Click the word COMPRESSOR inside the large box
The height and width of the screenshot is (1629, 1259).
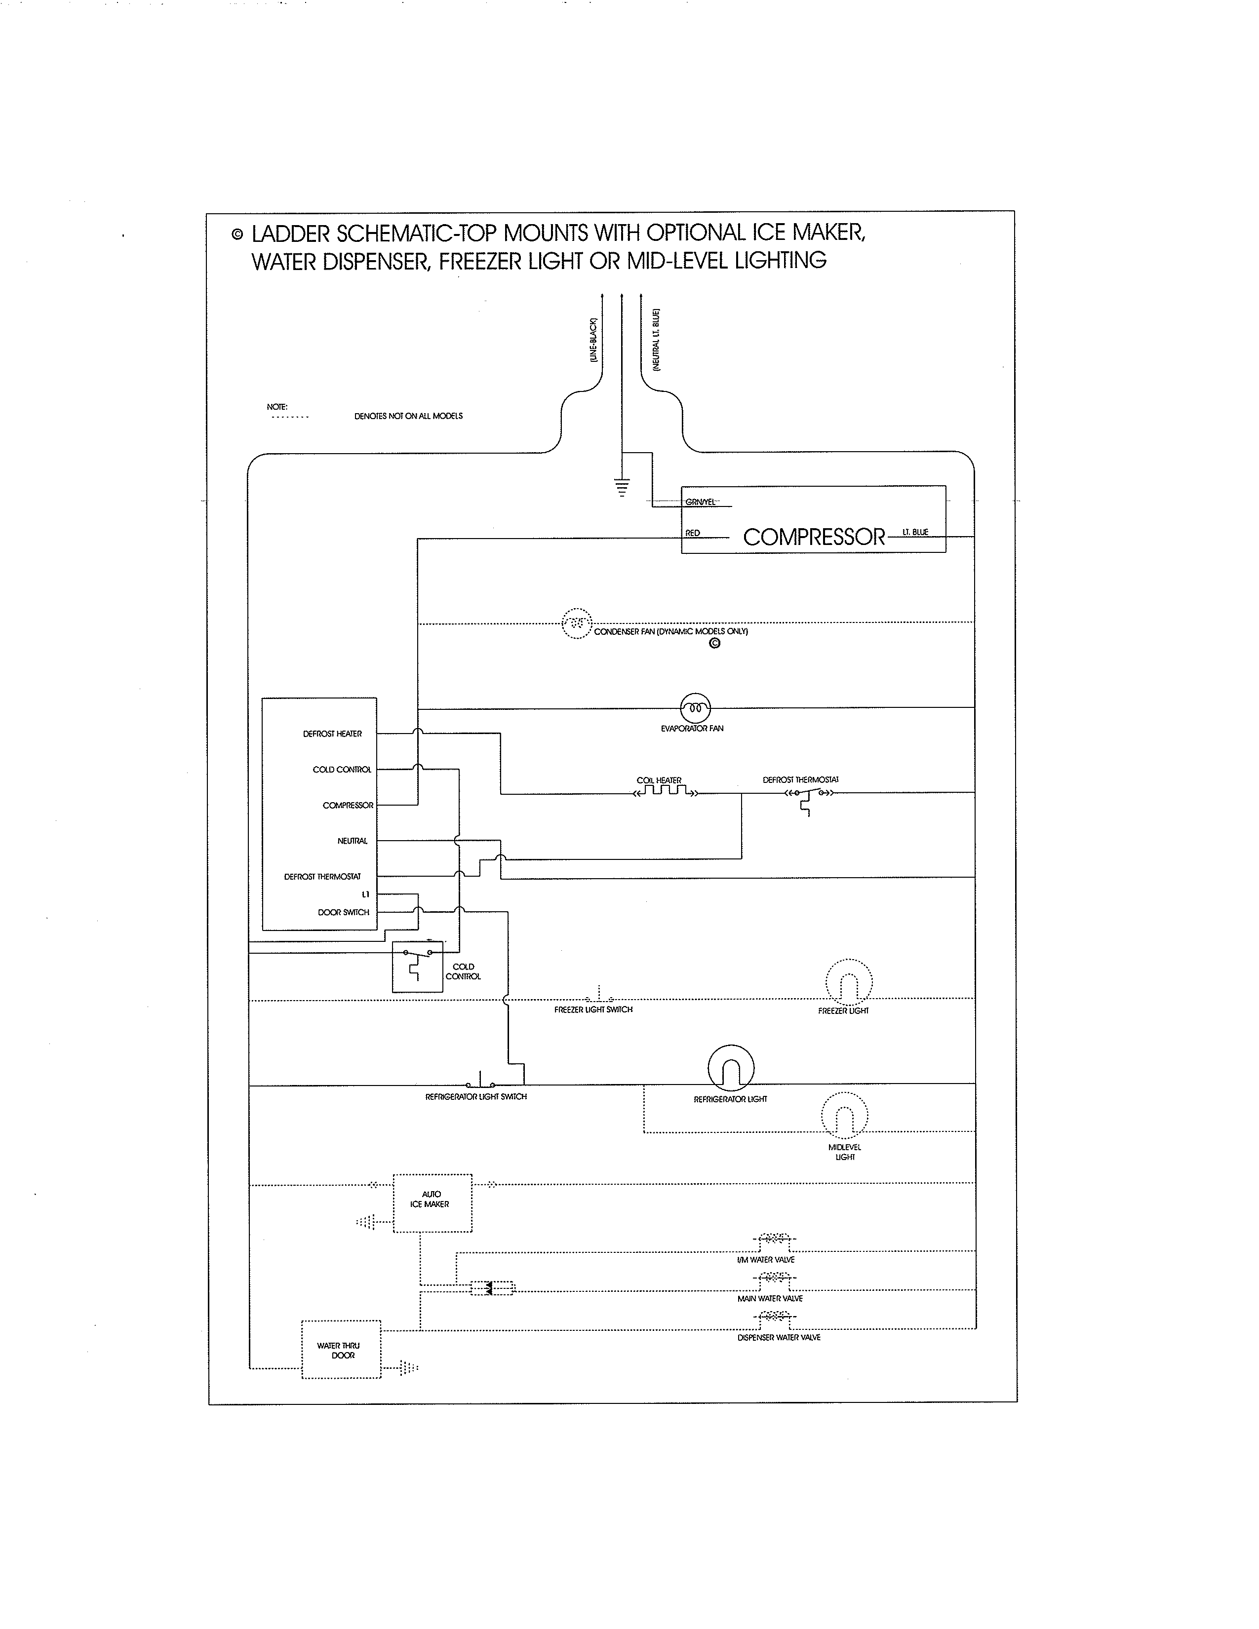pyautogui.click(x=814, y=537)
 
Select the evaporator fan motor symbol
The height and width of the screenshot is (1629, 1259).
pyautogui.click(x=695, y=706)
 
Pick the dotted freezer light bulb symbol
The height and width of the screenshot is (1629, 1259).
pyautogui.click(x=849, y=981)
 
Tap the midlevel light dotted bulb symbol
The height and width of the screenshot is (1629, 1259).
pyautogui.click(x=844, y=1116)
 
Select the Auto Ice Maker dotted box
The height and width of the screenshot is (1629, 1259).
pyautogui.click(x=432, y=1203)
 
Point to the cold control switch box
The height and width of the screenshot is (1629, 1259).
pyautogui.click(x=417, y=967)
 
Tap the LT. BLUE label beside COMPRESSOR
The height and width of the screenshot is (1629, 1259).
pyautogui.click(x=915, y=532)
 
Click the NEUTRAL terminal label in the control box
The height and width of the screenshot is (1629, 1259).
pyautogui.click(x=352, y=841)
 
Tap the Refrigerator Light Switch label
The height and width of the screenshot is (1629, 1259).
pyautogui.click(x=476, y=1096)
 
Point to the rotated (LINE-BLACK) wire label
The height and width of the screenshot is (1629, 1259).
pyautogui.click(x=593, y=340)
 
